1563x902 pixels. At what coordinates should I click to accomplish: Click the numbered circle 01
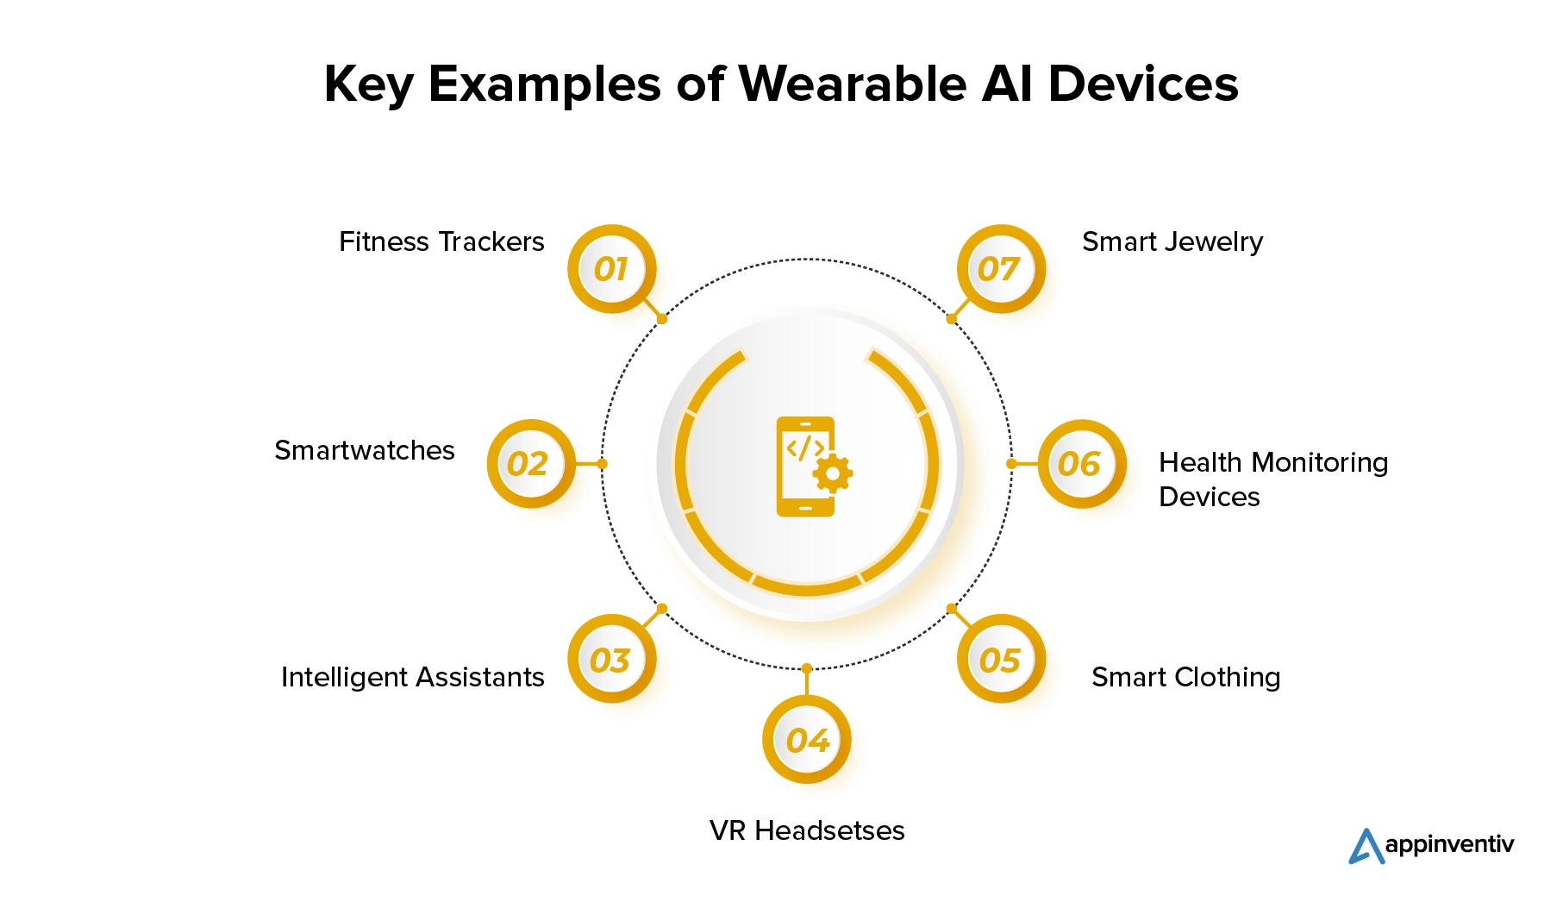pos(612,269)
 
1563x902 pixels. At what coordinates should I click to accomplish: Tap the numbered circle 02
pos(531,464)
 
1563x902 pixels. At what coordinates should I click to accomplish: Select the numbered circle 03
pos(612,659)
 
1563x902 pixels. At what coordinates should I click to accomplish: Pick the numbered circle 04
pos(807,740)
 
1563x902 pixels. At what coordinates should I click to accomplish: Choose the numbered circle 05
pos(1002,659)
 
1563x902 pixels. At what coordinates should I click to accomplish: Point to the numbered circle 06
pos(1082,464)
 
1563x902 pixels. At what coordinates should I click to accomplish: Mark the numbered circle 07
pos(1002,269)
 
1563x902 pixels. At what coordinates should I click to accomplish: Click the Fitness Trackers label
pos(441,241)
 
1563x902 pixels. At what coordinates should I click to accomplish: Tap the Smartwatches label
pos(365,450)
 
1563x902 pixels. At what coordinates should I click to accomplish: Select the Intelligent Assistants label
pos(413,678)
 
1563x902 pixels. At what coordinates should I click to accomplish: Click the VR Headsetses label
pos(807,830)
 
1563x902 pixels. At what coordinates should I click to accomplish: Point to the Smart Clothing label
pos(1186,678)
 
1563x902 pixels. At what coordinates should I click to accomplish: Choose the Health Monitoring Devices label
pos(1273,479)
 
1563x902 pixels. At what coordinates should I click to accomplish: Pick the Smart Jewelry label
pos(1172,242)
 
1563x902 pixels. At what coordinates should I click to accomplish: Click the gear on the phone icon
pos(833,473)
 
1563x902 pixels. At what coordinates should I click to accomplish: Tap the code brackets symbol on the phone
pos(804,448)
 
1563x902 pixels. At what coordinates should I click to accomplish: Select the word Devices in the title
pos(1143,84)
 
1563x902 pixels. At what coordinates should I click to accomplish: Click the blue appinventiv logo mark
pos(1366,846)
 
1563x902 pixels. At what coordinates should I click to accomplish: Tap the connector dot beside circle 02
pos(603,464)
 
